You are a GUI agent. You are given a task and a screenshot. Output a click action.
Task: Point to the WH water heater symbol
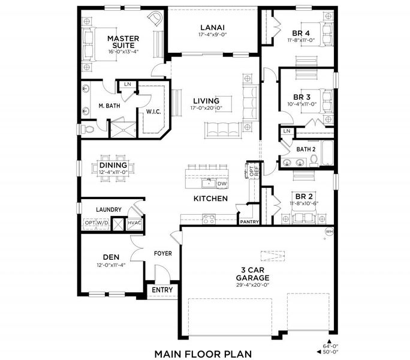328,231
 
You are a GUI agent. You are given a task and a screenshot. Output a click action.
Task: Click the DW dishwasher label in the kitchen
221,184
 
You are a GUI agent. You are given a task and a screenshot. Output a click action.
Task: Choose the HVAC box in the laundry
134,222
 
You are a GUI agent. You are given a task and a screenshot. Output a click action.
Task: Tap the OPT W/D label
96,222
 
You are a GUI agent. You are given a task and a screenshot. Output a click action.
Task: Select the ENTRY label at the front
162,290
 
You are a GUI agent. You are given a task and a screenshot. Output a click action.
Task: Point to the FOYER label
162,253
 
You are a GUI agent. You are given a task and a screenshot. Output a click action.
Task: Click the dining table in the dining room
113,166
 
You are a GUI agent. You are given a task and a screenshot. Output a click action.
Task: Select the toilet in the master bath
89,129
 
